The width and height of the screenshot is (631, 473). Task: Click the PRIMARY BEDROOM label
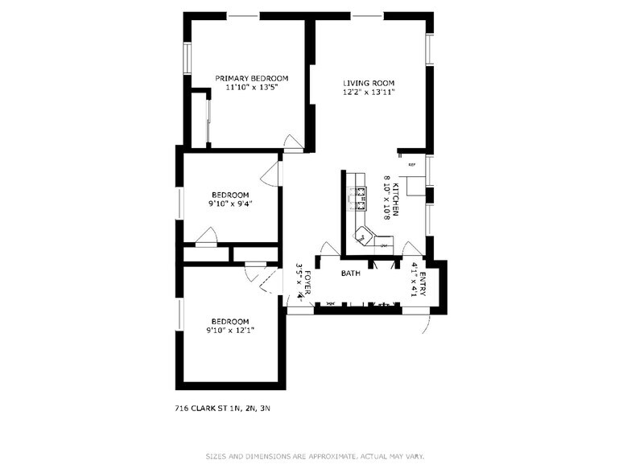(x=251, y=79)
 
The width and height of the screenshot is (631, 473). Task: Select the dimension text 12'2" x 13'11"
(x=368, y=93)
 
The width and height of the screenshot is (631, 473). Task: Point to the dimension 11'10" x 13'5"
(x=251, y=88)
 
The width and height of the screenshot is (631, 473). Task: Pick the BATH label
(x=350, y=274)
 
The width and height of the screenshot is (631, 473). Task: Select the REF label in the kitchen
(x=411, y=165)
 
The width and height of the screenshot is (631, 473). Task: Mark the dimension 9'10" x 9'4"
(x=230, y=204)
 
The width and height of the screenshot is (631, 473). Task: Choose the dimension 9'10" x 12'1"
(x=230, y=330)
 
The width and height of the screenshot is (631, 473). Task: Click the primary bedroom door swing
(x=294, y=143)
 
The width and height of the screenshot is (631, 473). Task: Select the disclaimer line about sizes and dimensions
(x=315, y=455)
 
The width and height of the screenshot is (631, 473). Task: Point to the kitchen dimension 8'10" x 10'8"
(x=386, y=199)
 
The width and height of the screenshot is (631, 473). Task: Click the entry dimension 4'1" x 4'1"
(x=414, y=279)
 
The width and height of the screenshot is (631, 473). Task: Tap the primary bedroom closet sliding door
(x=208, y=121)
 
